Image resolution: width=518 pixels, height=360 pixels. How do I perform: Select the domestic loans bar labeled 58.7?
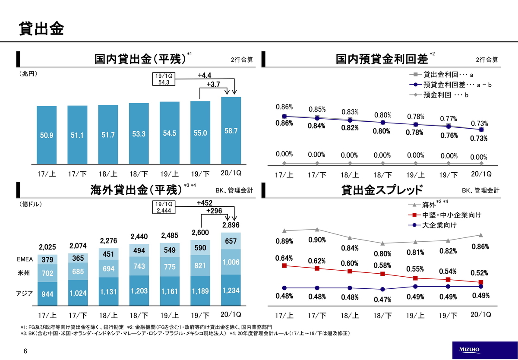click(x=231, y=130)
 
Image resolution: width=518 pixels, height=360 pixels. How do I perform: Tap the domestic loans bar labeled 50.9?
click(x=47, y=135)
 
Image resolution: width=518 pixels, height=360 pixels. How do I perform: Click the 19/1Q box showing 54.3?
click(x=164, y=79)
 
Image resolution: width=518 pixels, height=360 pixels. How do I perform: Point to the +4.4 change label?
click(x=205, y=76)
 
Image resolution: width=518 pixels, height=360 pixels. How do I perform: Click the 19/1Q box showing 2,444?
click(x=164, y=207)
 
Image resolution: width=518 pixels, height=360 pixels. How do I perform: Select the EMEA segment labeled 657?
click(x=231, y=241)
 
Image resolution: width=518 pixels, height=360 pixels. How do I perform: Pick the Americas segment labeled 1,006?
click(x=231, y=262)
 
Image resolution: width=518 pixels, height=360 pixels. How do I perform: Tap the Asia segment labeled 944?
click(x=47, y=294)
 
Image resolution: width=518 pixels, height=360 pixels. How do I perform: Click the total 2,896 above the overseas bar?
click(x=231, y=225)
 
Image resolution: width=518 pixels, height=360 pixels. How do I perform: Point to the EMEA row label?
click(x=25, y=259)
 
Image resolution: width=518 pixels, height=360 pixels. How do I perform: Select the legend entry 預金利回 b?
click(x=439, y=95)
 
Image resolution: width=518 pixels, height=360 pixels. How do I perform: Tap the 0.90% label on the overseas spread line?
click(x=317, y=240)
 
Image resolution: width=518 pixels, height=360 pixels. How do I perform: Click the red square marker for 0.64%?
click(x=284, y=265)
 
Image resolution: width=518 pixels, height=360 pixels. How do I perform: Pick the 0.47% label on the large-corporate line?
click(x=382, y=300)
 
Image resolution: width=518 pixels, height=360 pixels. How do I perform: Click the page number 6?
click(x=25, y=351)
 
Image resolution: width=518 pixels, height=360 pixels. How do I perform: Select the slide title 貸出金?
click(x=41, y=28)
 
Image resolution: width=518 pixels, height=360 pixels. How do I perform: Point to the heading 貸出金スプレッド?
click(x=382, y=190)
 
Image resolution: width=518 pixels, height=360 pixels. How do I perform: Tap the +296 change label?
click(x=214, y=211)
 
